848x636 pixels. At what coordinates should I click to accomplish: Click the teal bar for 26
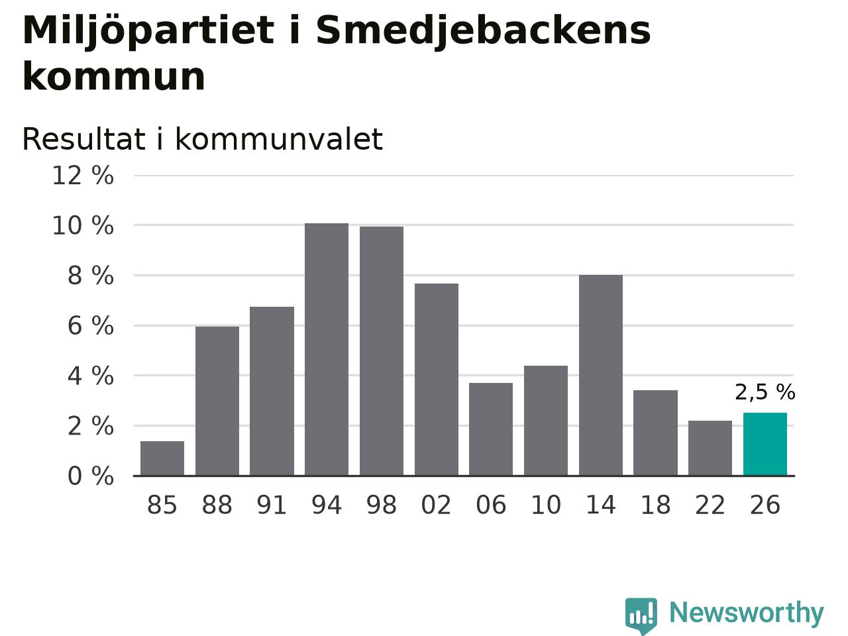coord(765,444)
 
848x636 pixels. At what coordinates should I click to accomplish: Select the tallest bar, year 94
coord(327,349)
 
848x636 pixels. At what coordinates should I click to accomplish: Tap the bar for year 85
coord(162,458)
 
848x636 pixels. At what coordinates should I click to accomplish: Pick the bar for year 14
coord(601,375)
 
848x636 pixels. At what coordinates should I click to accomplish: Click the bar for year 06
coord(491,429)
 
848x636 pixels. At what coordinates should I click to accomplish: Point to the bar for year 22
coord(710,448)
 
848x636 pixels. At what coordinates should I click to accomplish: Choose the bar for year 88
coord(217,401)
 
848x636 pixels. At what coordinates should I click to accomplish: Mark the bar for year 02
coord(437,380)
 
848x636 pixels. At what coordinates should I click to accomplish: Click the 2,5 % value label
coord(765,392)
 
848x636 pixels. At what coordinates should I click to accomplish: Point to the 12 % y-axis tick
coord(83,176)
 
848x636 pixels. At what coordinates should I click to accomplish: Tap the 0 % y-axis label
coord(91,476)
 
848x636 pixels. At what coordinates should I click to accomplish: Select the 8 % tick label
coord(91,276)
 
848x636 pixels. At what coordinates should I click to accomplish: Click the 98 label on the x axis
coord(382,505)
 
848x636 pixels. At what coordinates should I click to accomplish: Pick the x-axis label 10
coord(546,505)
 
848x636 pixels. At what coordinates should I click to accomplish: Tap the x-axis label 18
coord(656,505)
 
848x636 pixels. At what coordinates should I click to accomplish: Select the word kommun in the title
coord(113,77)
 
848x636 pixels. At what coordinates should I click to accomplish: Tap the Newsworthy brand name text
coord(747,613)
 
